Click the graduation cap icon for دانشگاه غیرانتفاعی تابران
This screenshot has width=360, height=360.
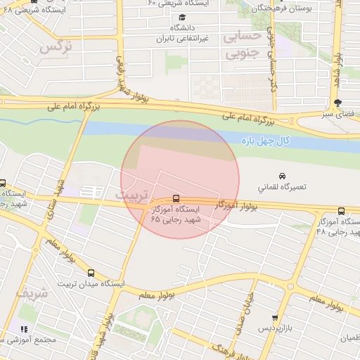183,17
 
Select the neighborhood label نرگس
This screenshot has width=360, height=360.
56,47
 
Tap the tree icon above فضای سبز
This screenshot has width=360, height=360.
338,103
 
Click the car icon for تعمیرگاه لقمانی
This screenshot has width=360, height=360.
282,175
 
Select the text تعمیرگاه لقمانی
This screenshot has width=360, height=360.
285,188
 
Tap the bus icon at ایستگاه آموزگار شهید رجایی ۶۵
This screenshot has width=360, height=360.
176,199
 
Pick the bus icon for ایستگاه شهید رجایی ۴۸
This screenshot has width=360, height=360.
342,211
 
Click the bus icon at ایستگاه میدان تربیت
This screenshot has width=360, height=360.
91,273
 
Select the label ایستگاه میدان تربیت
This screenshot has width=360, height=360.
90,284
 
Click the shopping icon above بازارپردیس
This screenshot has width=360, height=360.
275,318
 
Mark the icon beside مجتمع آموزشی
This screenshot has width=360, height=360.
24,328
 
